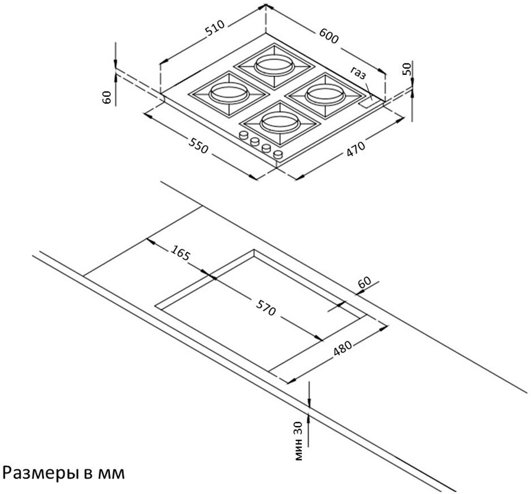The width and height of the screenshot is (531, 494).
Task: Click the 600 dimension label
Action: tap(328, 36)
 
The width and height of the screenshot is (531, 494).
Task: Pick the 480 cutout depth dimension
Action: tap(343, 346)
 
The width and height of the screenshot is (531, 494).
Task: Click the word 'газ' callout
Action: tap(358, 73)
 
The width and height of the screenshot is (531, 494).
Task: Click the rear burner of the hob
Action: tap(273, 65)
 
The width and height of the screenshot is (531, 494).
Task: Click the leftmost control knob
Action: tap(243, 136)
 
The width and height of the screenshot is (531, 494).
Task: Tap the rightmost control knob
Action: tap(278, 154)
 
